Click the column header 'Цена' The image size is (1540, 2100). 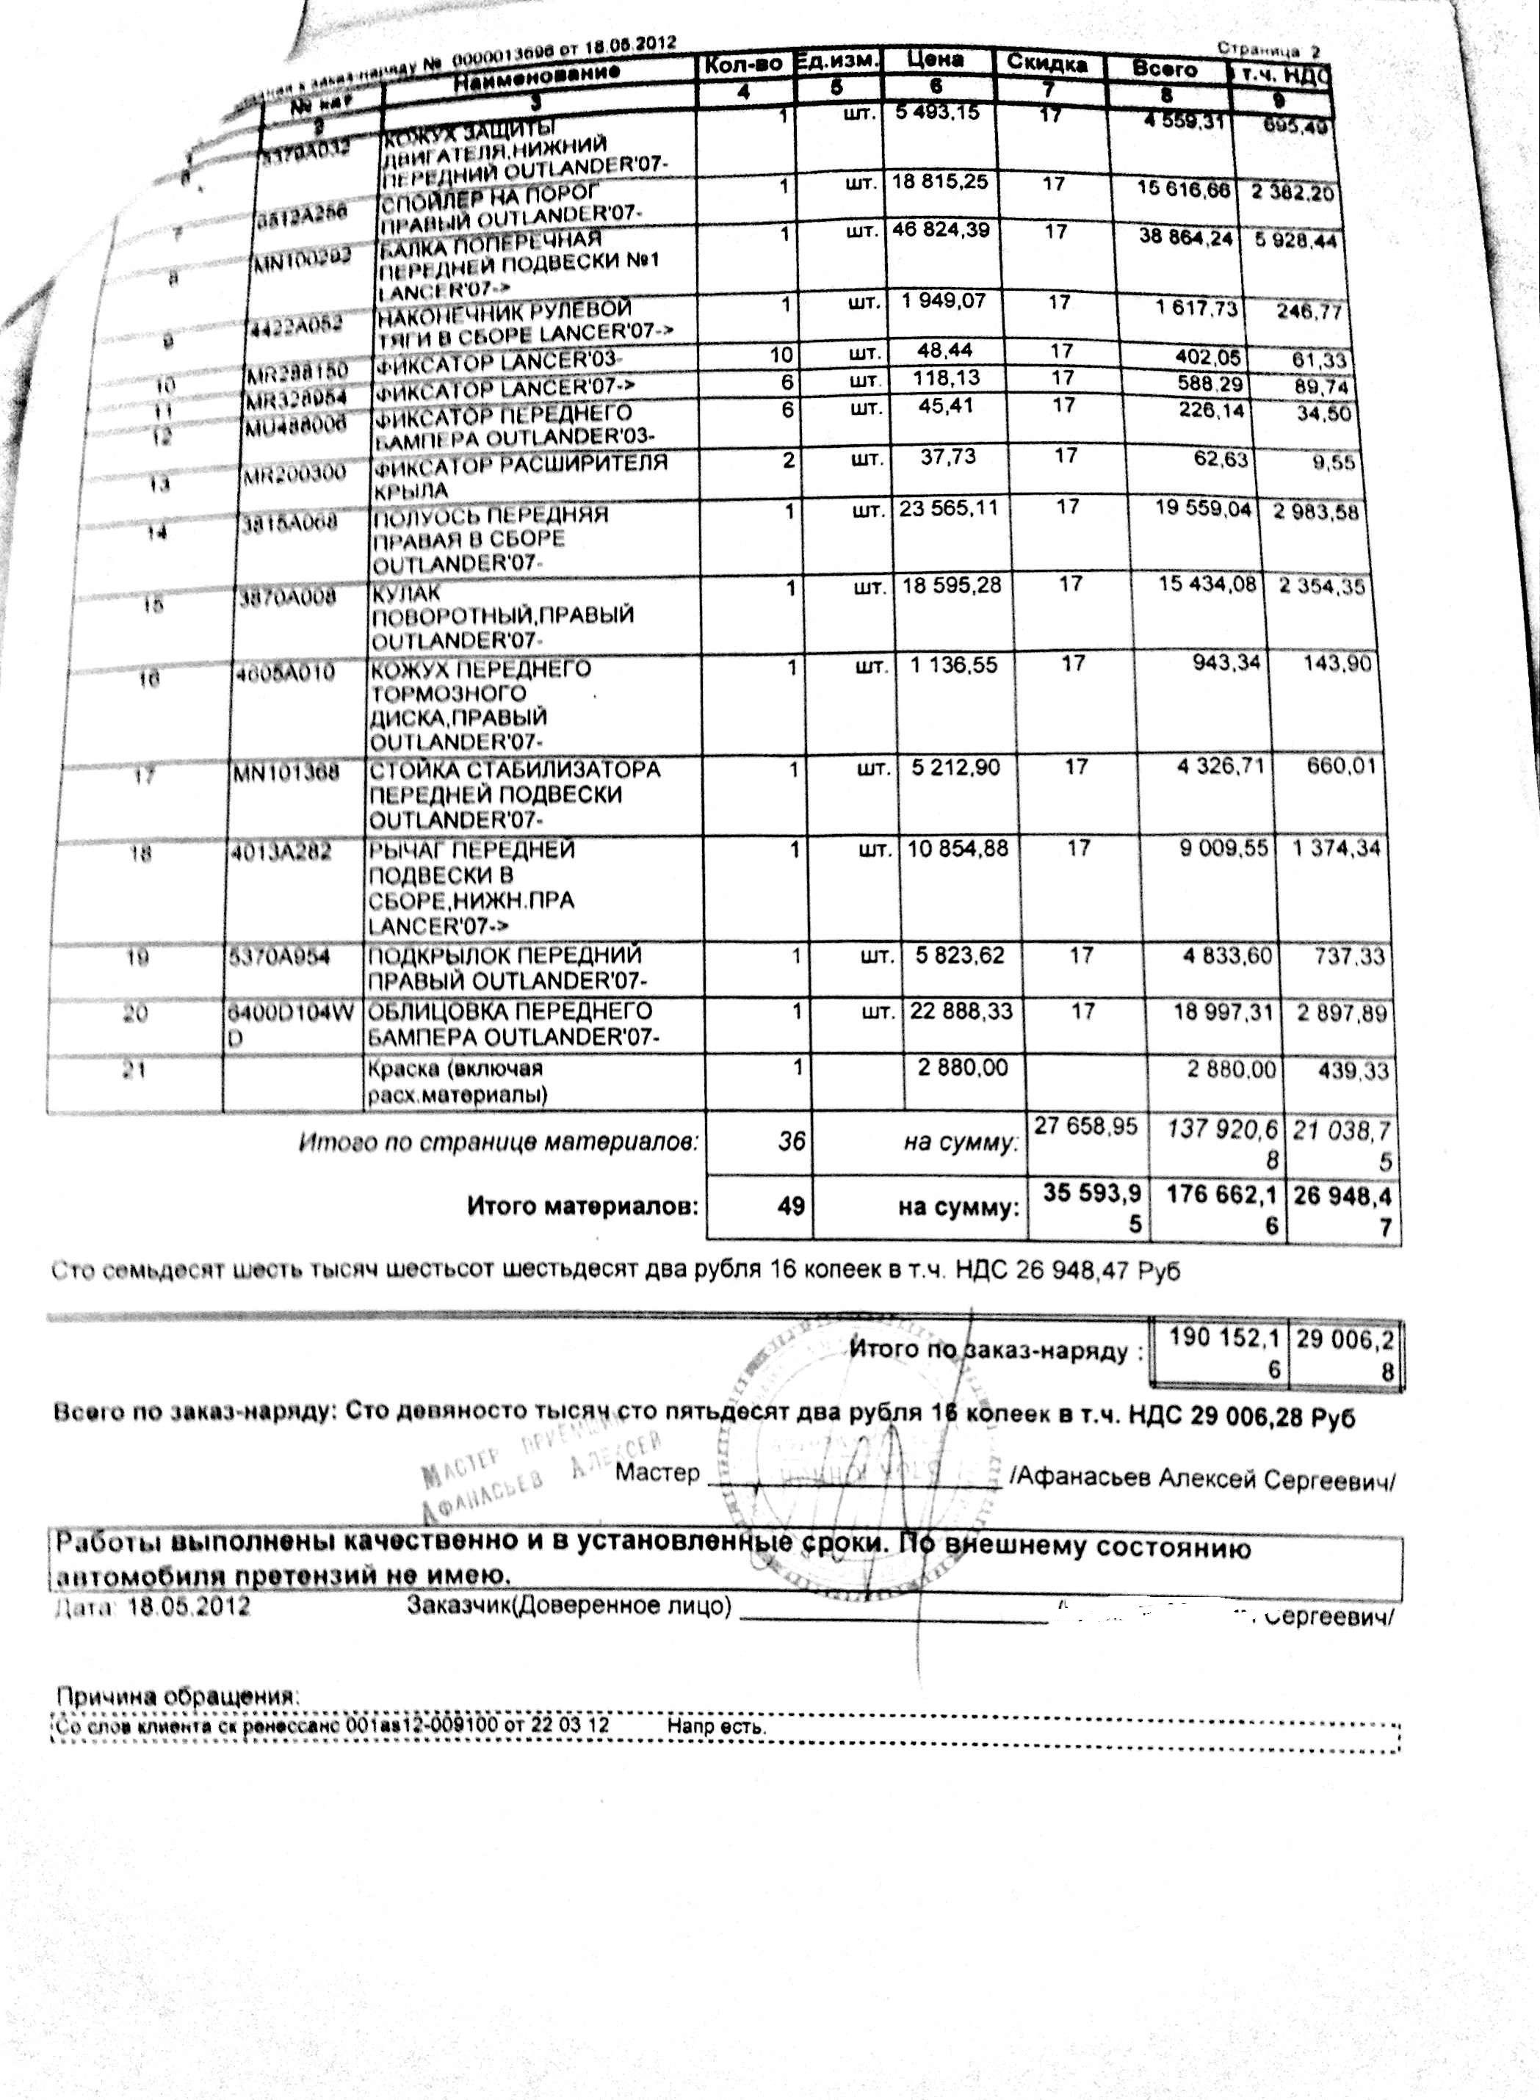pos(935,59)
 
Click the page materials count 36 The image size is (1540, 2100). pos(790,1140)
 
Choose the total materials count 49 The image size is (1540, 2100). pos(790,1207)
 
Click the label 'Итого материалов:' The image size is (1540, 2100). pos(582,1207)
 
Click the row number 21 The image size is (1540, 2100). pos(135,1070)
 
